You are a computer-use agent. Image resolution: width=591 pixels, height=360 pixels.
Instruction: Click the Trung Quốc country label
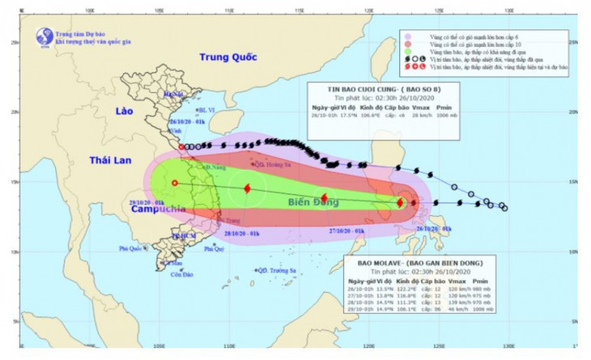pyautogui.click(x=229, y=57)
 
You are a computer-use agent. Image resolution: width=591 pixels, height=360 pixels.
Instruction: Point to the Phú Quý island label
pyautogui.click(x=214, y=249)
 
